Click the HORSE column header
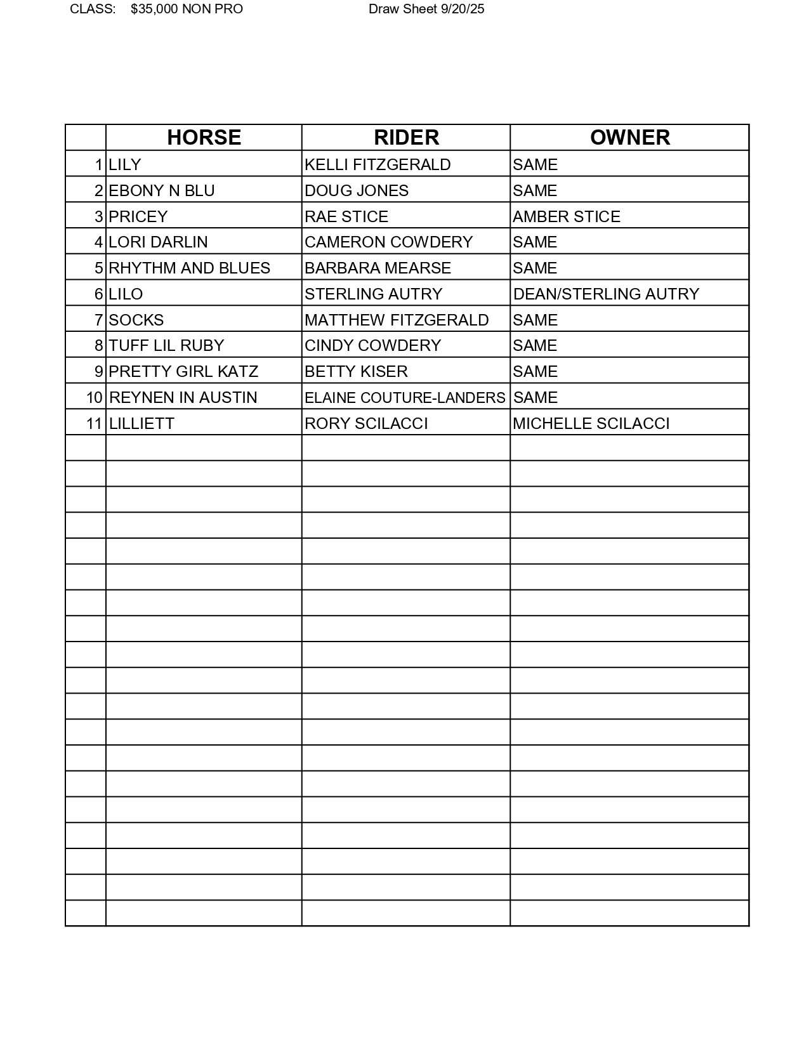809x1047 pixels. click(204, 138)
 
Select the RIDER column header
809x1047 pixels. click(406, 138)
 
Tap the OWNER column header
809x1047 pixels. click(629, 138)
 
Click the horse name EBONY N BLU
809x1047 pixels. click(162, 190)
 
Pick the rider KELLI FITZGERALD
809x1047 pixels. click(378, 164)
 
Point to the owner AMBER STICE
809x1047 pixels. click(567, 216)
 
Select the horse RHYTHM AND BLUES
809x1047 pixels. click(189, 268)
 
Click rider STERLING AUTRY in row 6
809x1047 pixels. click(373, 294)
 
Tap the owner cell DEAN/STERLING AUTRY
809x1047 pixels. click(606, 294)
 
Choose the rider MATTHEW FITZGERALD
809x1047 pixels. click(397, 320)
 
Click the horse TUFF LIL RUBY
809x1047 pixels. click(166, 345)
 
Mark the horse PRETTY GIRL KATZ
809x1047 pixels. click(183, 371)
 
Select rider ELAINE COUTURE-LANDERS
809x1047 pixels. click(405, 397)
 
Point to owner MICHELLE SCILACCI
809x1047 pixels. click(591, 423)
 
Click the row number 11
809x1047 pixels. click(94, 423)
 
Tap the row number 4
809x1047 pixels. click(98, 242)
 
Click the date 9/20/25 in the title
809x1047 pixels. click(463, 9)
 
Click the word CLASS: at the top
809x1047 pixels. click(93, 9)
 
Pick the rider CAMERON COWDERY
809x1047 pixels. click(388, 242)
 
